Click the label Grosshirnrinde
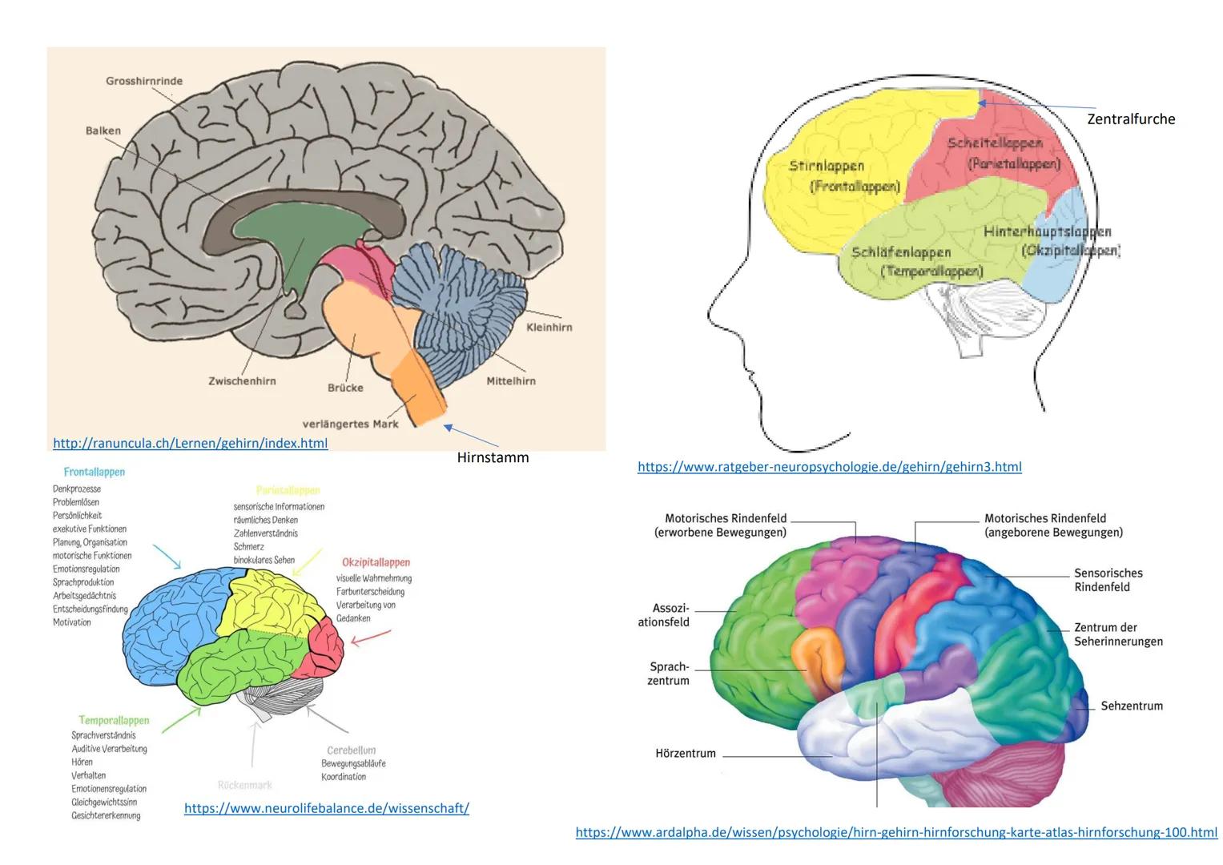coord(144,81)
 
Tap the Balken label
coord(103,131)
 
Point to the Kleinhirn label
coord(549,327)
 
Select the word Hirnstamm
coord(493,458)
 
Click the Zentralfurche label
coord(1131,119)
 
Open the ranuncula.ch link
coord(190,443)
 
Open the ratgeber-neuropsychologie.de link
coord(829,466)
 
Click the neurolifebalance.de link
coord(326,808)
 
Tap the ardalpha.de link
coord(895,832)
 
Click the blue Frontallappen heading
coord(94,473)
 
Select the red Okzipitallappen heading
coord(376,562)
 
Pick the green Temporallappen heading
coord(114,721)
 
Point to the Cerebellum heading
coord(351,750)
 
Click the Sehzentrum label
coord(1131,706)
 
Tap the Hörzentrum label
coord(685,753)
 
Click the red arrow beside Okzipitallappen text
coord(372,638)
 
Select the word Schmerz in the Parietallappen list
coord(248,546)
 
